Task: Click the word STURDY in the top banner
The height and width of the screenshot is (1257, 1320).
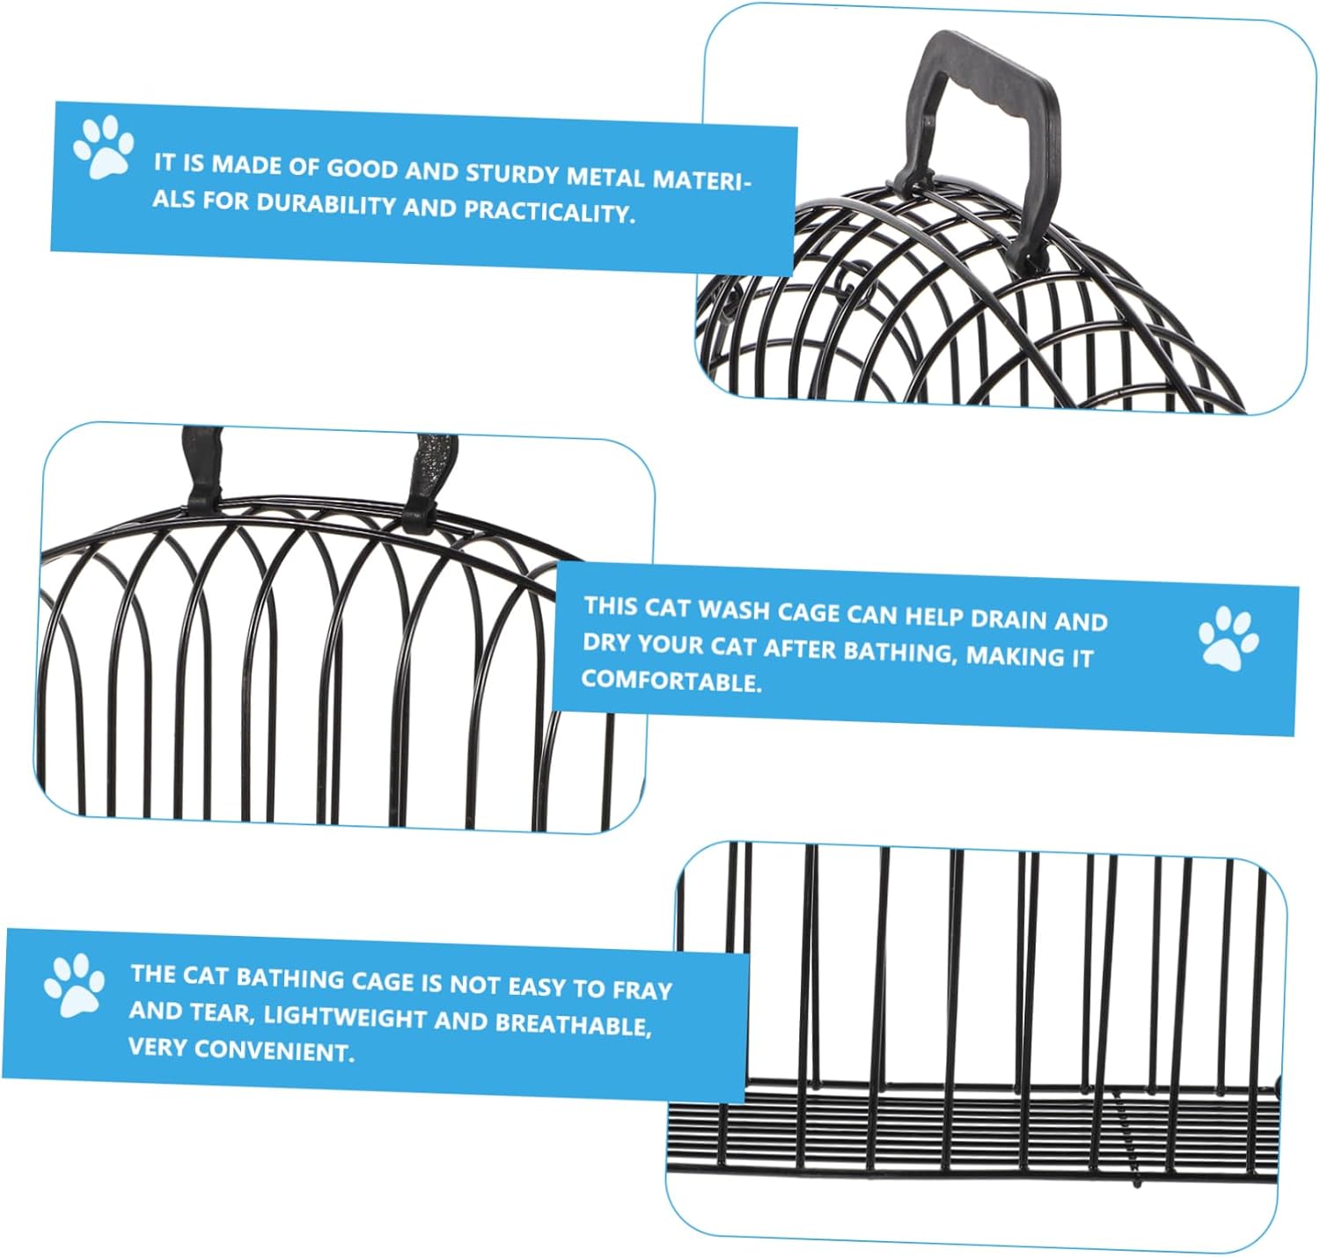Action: point(511,174)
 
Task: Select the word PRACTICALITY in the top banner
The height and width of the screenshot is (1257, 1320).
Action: point(548,211)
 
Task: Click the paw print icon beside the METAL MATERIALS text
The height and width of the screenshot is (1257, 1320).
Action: point(103,147)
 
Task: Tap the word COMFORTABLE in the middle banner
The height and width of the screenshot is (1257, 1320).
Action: point(672,681)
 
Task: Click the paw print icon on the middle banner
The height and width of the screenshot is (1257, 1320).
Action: point(1228,639)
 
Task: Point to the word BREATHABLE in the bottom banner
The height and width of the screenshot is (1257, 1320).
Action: point(574,1023)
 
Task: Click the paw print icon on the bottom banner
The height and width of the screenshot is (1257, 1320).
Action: point(74,984)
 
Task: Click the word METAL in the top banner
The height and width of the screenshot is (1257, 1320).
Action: point(605,177)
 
